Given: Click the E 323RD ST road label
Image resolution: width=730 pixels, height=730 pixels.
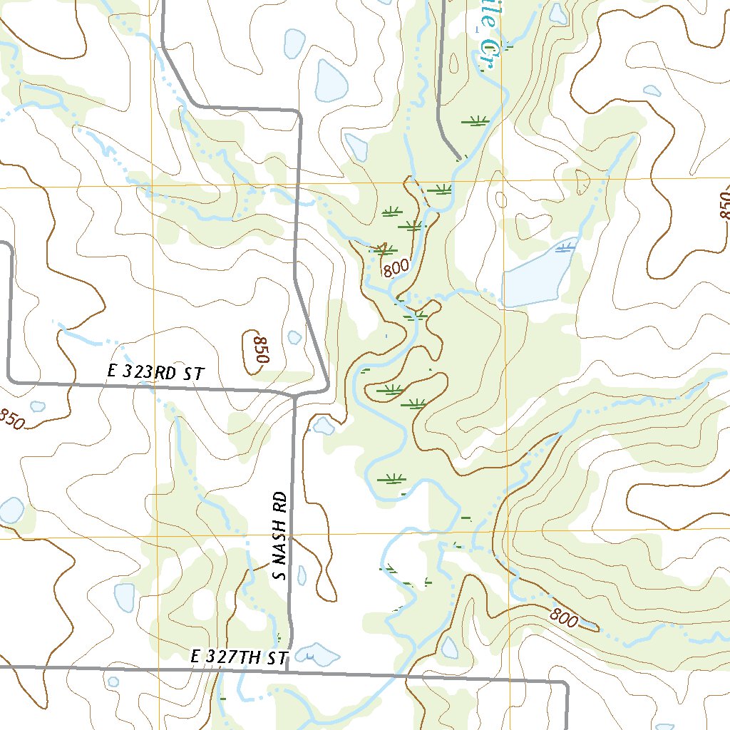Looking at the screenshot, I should [x=155, y=372].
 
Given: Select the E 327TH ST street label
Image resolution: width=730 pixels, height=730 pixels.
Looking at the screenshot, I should [x=240, y=657].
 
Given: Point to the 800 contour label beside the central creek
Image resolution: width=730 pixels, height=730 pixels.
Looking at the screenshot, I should [x=396, y=268].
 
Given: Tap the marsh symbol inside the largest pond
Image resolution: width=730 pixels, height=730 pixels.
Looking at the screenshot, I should [x=565, y=247].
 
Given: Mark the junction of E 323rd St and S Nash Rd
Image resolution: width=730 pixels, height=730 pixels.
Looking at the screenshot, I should [x=295, y=394].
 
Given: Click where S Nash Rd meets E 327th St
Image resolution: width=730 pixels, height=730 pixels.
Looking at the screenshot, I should [x=288, y=669].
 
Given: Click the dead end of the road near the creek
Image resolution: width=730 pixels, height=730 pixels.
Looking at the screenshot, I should [x=458, y=155].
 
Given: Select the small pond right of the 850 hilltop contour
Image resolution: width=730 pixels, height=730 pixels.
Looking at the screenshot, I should [x=294, y=336].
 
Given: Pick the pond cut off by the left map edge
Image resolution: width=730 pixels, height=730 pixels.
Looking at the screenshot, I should [x=10, y=510].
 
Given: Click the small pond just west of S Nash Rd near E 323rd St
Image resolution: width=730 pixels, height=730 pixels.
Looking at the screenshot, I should [x=324, y=426].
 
